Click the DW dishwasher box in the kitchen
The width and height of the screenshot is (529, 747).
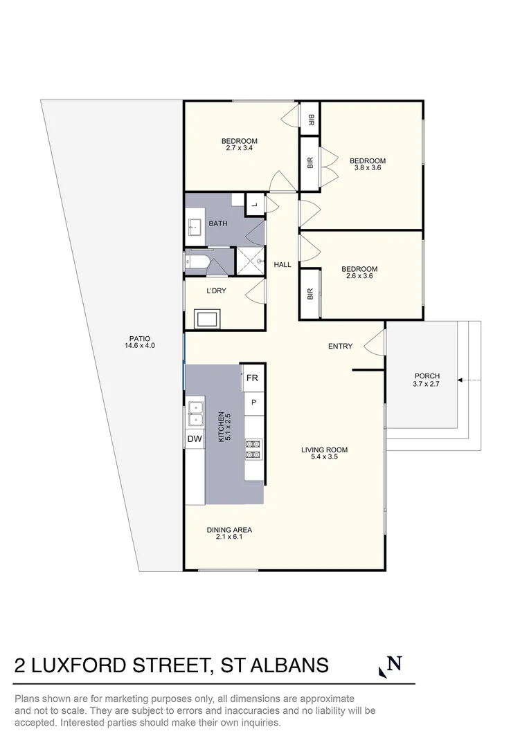(x=194, y=439)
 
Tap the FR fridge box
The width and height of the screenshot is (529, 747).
(x=253, y=378)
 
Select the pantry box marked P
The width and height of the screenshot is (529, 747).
(x=253, y=403)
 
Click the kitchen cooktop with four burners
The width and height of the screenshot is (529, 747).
(x=253, y=450)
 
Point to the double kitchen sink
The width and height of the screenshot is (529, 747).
(x=195, y=413)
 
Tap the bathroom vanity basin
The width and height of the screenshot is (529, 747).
(x=194, y=225)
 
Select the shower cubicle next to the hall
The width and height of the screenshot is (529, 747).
(x=251, y=260)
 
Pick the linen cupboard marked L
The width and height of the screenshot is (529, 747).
(x=254, y=204)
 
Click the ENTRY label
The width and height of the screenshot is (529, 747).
(x=340, y=347)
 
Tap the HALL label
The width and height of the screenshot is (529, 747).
(x=282, y=265)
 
